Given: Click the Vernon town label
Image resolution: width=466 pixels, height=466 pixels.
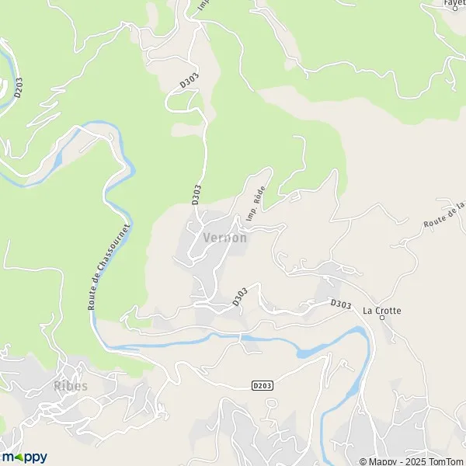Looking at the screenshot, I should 224,238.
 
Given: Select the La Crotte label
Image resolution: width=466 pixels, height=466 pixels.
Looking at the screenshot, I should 382,311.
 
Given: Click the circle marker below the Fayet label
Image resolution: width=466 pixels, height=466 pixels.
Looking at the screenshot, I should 455,9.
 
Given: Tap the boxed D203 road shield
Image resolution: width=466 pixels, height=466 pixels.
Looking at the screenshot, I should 263,385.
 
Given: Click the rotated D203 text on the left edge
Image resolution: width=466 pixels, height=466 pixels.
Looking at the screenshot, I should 17,86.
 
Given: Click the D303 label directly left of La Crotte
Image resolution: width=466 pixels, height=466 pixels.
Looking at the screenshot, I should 339,304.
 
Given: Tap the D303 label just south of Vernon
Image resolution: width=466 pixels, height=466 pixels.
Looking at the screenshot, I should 240,297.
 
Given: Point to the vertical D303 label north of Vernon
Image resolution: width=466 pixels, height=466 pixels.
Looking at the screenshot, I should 197,195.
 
